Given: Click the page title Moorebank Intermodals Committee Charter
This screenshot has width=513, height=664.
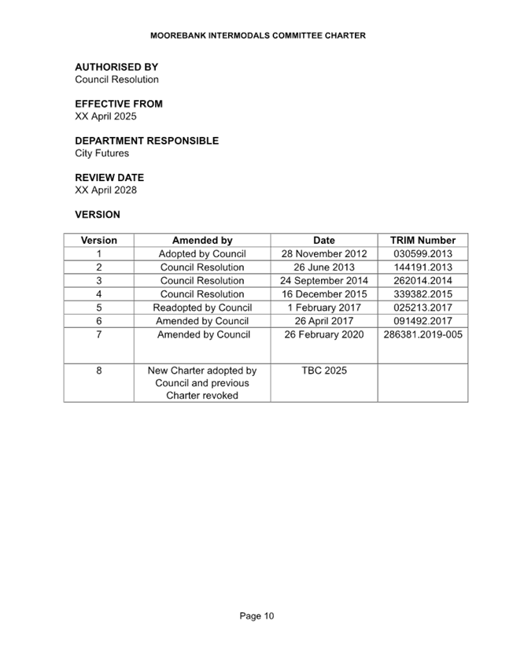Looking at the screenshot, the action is pyautogui.click(x=258, y=35).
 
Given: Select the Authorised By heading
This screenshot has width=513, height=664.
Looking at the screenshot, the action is pyautogui.click(x=116, y=68).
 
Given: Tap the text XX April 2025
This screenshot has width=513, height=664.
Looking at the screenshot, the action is pyautogui.click(x=106, y=116).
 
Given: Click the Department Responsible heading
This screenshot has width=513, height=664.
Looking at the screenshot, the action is pyautogui.click(x=147, y=141).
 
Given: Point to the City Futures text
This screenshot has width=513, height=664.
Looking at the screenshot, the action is pyautogui.click(x=102, y=153).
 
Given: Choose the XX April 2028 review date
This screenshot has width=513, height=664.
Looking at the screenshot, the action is pyautogui.click(x=106, y=190).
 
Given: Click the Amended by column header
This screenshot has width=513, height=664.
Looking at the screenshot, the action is pyautogui.click(x=202, y=241).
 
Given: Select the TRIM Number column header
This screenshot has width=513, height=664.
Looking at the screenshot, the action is pyautogui.click(x=423, y=241).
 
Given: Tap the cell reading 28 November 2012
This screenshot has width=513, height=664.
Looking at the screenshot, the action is pyautogui.click(x=324, y=254).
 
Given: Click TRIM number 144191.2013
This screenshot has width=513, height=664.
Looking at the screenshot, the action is pyautogui.click(x=423, y=267).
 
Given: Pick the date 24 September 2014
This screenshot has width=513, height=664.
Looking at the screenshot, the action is pyautogui.click(x=324, y=281).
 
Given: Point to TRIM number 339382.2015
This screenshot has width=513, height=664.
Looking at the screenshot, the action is pyautogui.click(x=423, y=294).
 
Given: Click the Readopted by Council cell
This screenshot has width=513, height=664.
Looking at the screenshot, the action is pyautogui.click(x=202, y=308).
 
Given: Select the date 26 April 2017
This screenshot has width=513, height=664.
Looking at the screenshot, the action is pyautogui.click(x=324, y=322).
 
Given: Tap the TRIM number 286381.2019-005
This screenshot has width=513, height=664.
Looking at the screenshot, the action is pyautogui.click(x=423, y=335).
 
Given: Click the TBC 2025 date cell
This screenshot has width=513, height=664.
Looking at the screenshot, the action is pyautogui.click(x=324, y=371).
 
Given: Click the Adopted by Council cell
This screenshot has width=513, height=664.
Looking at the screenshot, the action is pyautogui.click(x=202, y=254).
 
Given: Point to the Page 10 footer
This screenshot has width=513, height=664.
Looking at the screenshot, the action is pyautogui.click(x=256, y=616).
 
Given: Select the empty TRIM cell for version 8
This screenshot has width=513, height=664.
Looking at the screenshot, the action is pyautogui.click(x=423, y=383).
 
